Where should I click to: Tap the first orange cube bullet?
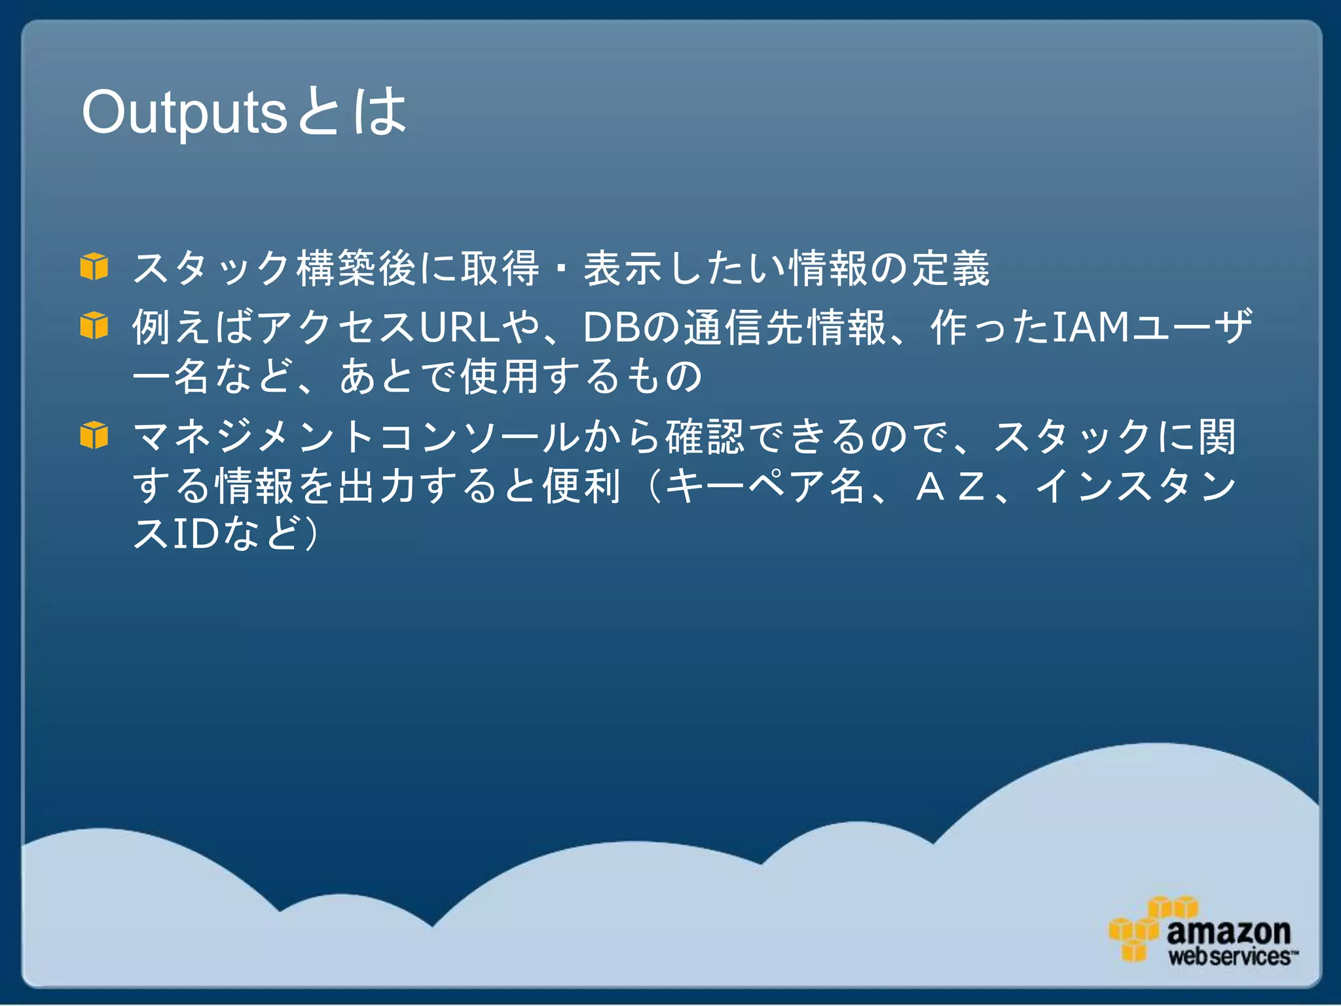pos(94,267)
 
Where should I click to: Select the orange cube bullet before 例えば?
pos(94,326)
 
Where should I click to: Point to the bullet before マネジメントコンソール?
pos(94,435)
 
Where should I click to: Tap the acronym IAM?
pos(1090,327)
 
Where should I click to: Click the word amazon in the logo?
pos(1228,931)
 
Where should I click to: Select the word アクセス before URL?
pos(337,327)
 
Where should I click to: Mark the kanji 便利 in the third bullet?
pos(581,486)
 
